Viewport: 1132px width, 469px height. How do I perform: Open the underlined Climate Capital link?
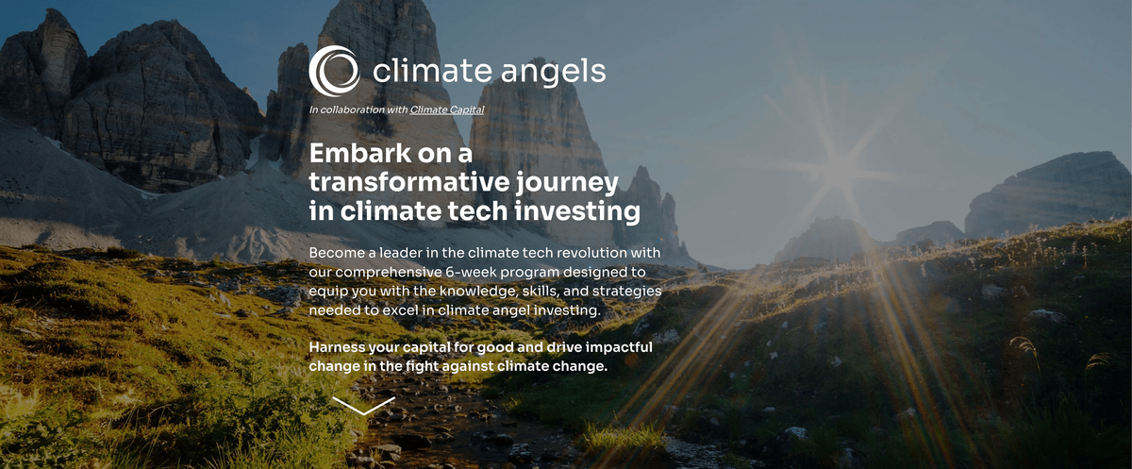pos(447,109)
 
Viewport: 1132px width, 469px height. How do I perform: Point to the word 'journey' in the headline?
pos(567,184)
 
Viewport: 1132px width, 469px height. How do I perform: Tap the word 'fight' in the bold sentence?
pos(422,366)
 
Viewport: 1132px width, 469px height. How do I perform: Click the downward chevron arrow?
pos(363,407)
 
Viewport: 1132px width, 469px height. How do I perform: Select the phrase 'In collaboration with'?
pos(358,109)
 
